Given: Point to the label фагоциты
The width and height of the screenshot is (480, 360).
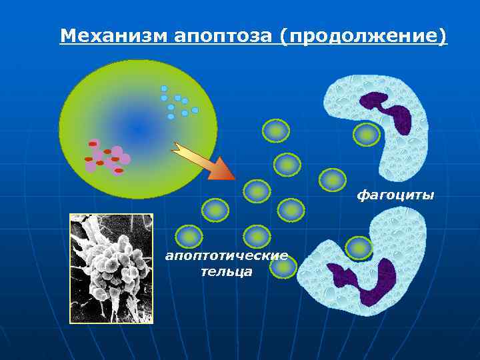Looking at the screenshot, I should [395, 195].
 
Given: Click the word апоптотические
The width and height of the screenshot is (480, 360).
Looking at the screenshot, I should [227, 255].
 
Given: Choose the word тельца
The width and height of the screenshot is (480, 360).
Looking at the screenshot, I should [227, 271].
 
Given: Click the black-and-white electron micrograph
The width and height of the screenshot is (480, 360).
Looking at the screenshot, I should [111, 268].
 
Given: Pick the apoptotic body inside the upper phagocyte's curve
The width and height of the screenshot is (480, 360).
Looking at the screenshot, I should [366, 135].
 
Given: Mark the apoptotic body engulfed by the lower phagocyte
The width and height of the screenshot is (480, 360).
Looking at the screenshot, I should [359, 248].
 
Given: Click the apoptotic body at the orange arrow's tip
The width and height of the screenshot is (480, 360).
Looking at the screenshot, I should [257, 191].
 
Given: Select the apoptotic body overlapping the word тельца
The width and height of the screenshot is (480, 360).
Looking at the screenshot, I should [283, 267].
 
